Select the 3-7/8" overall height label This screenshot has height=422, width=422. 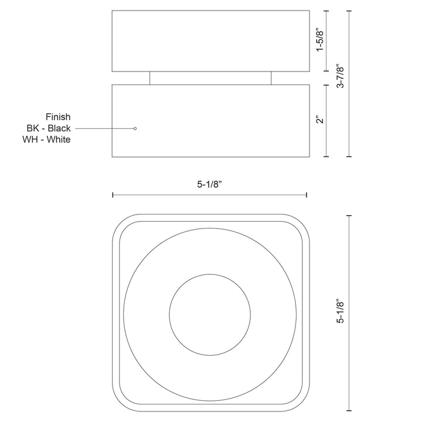click(x=340, y=76)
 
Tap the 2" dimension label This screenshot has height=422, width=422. click(x=319, y=120)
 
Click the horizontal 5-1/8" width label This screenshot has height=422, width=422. click(x=209, y=185)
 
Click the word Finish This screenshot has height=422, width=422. click(x=58, y=117)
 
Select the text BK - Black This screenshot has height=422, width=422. click(x=49, y=128)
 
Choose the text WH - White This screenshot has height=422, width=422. click(x=46, y=139)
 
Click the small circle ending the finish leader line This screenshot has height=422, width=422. click(x=135, y=128)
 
